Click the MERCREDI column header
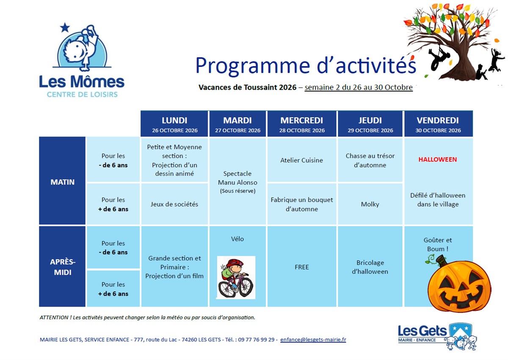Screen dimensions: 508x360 (301, 124)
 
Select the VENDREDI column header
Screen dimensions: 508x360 (438, 124)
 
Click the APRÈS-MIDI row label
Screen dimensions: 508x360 (62, 267)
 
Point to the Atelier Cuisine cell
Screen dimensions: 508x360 (301, 160)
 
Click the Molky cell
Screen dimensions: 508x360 (370, 204)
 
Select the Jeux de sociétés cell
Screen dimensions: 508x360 (174, 204)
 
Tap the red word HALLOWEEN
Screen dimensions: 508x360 (437, 160)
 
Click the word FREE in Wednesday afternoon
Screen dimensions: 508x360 (301, 267)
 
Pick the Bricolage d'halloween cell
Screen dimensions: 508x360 (370, 267)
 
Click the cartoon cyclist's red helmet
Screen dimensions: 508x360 (235, 263)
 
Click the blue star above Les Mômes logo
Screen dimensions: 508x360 (65, 28)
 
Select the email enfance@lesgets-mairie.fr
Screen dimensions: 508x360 (313, 339)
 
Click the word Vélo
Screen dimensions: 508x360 (237, 238)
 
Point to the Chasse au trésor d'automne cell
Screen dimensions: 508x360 (370, 160)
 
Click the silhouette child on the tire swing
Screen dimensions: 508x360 (438, 58)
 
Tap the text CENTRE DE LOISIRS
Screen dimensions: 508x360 (82, 94)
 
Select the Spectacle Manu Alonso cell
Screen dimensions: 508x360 (237, 181)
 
